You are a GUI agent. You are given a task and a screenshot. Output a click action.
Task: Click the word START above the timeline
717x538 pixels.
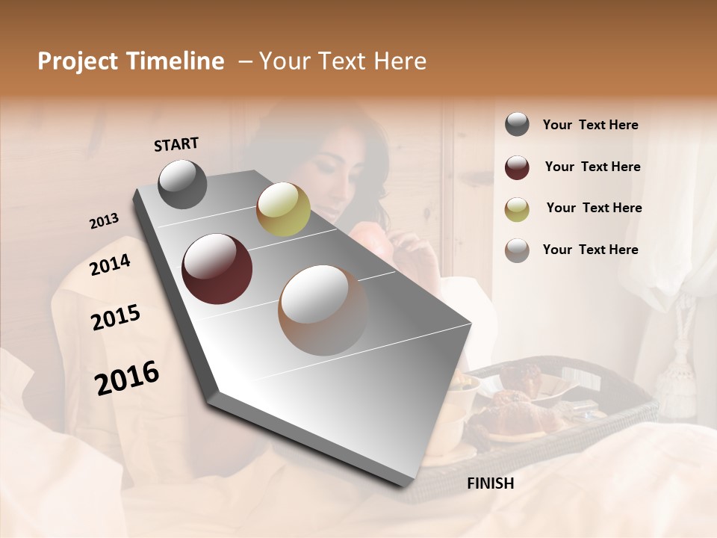click(176, 144)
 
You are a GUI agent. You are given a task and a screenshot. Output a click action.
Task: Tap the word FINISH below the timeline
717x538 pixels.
click(491, 483)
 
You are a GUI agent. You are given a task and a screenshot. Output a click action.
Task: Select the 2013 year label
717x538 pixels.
click(104, 221)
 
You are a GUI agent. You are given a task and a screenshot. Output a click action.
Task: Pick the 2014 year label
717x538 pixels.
click(110, 265)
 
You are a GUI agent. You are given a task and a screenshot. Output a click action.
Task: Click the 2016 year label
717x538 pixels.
click(127, 378)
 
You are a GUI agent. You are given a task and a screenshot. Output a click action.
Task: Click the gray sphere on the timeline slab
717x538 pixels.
click(182, 184)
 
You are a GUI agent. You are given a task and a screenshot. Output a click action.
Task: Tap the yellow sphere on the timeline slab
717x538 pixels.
click(283, 209)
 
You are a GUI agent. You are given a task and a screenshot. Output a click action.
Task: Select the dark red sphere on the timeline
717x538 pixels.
click(217, 269)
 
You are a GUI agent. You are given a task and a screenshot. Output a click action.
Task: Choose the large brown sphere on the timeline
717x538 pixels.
click(323, 310)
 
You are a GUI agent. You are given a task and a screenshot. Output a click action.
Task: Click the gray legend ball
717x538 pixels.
click(517, 125)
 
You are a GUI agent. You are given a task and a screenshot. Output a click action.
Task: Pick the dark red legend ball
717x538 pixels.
click(517, 167)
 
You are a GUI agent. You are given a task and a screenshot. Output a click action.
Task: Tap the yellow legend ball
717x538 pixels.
click(517, 209)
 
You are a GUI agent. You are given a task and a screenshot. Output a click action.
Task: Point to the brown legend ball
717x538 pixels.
click(517, 250)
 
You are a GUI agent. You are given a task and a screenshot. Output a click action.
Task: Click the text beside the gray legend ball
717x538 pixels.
click(590, 126)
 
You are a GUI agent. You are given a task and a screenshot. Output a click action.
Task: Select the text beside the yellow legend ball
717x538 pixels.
click(594, 208)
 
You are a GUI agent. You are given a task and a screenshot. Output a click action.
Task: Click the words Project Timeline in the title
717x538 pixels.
click(131, 61)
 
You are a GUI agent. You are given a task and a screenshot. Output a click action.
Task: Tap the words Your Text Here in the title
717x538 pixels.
click(342, 61)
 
